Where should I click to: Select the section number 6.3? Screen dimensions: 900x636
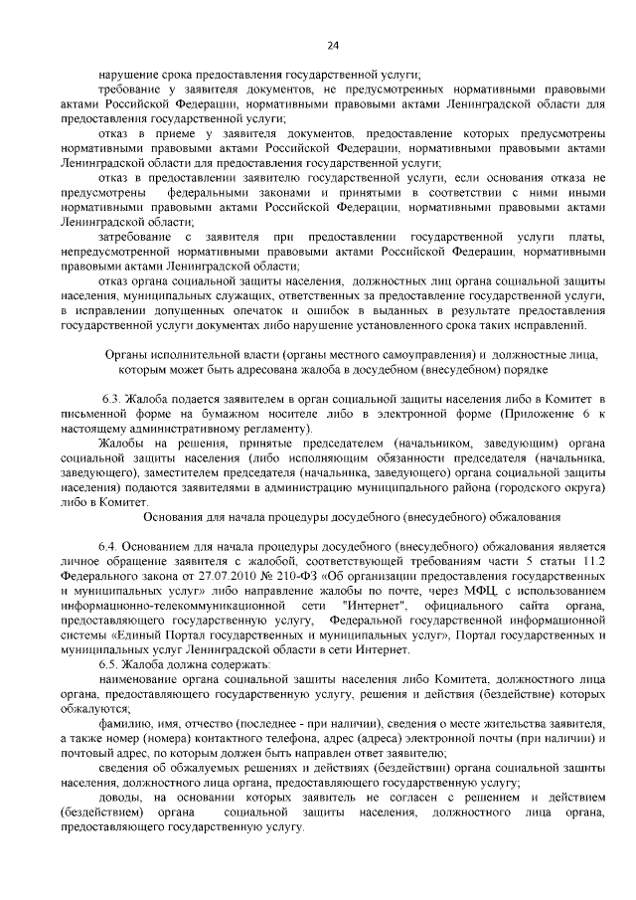click(115, 398)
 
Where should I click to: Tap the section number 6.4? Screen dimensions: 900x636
click(108, 547)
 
